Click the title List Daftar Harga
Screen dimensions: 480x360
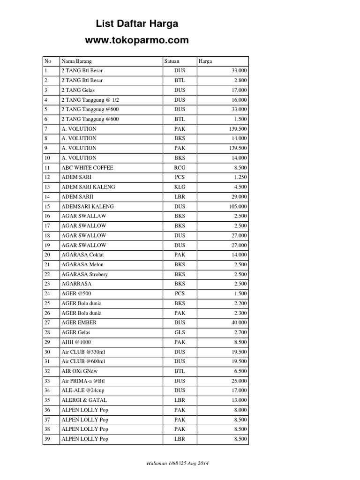(x=137, y=24)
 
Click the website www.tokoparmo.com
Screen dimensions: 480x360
(x=137, y=40)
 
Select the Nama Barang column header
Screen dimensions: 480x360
(x=76, y=61)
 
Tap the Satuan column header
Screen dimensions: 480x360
(x=172, y=61)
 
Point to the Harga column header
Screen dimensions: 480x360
(x=205, y=61)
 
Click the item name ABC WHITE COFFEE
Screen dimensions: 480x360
(x=87, y=167)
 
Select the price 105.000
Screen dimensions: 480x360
(x=237, y=206)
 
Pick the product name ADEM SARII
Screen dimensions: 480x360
(x=75, y=196)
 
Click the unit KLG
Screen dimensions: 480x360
(x=180, y=187)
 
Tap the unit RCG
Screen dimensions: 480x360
(x=180, y=167)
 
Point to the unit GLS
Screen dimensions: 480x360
(x=180, y=332)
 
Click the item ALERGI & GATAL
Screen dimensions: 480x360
(x=84, y=400)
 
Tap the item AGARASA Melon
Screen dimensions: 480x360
(x=82, y=264)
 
